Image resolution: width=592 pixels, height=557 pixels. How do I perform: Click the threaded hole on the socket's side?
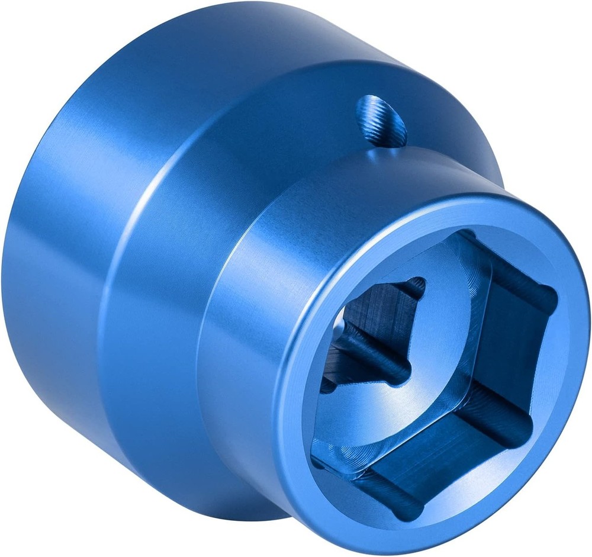pyautogui.click(x=381, y=119)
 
